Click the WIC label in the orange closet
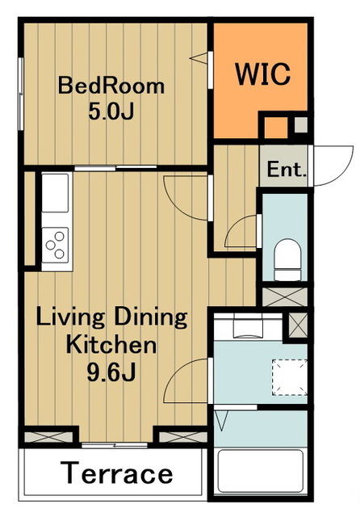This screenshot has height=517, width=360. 262,74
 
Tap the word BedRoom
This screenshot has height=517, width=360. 111,86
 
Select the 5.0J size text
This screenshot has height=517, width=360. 111,111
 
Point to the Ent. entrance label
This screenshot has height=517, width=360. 286,170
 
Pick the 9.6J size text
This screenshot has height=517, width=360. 111,372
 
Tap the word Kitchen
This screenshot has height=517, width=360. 111,345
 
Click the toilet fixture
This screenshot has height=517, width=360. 287,260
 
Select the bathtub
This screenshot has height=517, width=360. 260,471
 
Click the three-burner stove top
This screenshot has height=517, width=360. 56,245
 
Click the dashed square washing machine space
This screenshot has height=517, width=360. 290,377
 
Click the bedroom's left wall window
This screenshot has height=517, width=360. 21,94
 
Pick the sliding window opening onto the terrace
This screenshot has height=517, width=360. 115,445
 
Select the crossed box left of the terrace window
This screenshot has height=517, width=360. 48,437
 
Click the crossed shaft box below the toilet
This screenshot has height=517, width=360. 285,296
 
